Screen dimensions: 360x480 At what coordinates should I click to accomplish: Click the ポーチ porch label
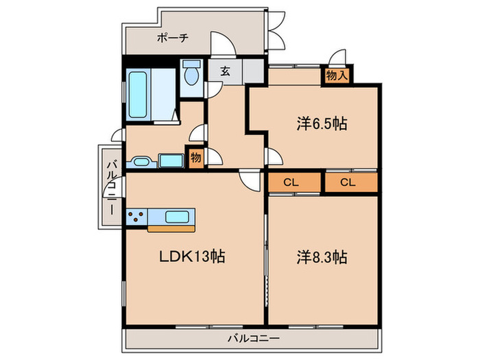[x=172, y=38]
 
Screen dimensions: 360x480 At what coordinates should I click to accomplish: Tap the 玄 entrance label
[x=225, y=69]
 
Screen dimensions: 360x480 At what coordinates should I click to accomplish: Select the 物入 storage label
[x=336, y=75]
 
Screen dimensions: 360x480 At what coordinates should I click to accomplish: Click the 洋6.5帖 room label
[x=322, y=124]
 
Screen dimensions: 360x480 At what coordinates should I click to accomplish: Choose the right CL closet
[x=348, y=182]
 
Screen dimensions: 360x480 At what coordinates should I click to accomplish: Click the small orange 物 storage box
[x=195, y=157]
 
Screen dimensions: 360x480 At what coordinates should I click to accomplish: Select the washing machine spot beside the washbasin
[x=169, y=160]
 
